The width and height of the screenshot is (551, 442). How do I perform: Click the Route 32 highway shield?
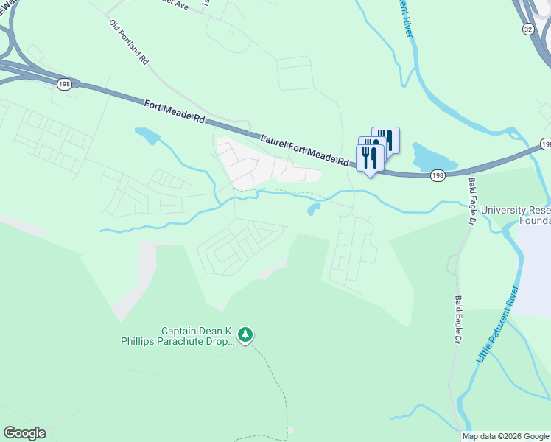pos(527,29)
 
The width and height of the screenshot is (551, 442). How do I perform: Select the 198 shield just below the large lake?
pos(438,175)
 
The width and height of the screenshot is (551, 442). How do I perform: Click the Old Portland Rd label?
pos(129,43)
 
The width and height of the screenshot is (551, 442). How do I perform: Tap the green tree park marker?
pos(245,336)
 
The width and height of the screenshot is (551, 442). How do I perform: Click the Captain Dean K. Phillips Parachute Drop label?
pos(178,336)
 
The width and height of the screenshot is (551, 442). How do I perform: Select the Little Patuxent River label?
pos(499,323)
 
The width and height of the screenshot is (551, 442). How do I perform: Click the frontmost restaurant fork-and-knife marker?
pos(370,158)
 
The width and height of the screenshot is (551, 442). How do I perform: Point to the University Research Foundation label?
pos(516,215)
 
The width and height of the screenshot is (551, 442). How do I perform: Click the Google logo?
pos(24,433)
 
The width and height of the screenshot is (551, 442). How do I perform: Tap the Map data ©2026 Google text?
pos(506,436)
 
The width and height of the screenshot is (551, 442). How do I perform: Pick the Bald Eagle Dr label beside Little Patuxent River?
pos(457,321)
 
